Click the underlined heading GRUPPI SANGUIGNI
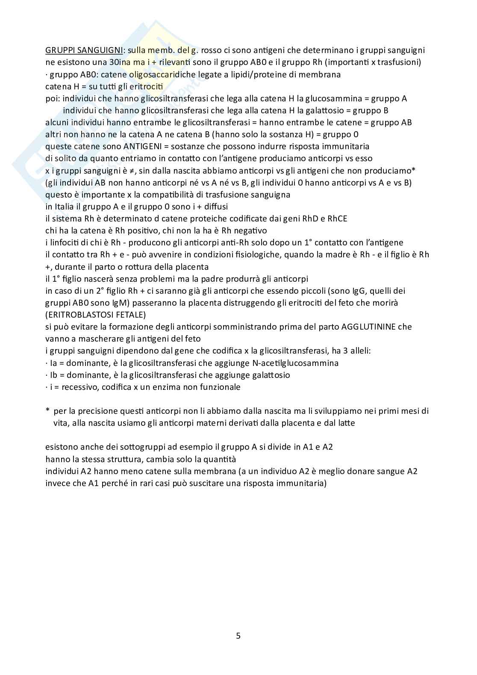pos(84,50)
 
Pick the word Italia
pos(65,206)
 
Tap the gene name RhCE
pos(337,218)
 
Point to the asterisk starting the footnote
pos(47,410)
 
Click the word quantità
pos(221,459)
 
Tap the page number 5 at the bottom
pos(238,636)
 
